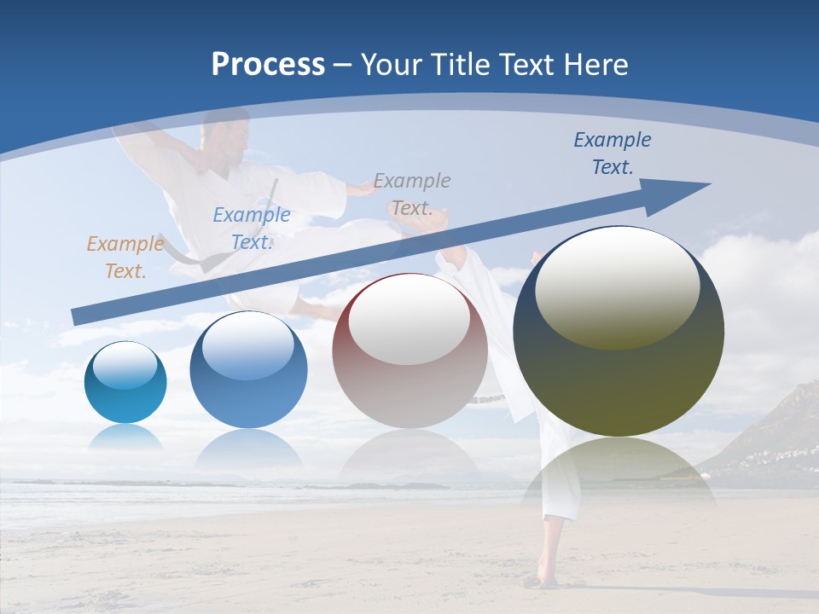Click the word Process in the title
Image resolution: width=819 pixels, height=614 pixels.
pos(268,65)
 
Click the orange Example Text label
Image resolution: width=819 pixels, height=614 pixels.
pos(125,258)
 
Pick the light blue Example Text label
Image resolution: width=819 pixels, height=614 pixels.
pos(252,229)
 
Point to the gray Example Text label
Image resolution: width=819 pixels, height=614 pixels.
pos(412,194)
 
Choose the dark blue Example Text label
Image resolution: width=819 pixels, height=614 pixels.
pos(613,153)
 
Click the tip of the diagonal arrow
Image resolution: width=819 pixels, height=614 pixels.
pos(708,184)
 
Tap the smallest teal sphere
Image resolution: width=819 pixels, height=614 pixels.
pos(125,382)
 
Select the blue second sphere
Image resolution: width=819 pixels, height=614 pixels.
pos(248,370)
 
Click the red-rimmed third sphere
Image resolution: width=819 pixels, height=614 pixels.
pos(409,350)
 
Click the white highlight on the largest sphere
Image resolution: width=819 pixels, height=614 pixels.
pos(617,286)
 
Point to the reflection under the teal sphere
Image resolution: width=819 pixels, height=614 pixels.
pos(125,437)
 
